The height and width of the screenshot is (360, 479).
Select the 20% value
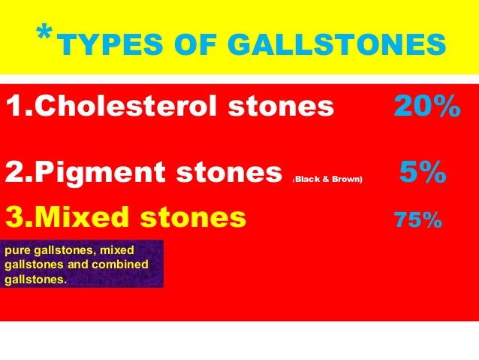pyautogui.click(x=426, y=107)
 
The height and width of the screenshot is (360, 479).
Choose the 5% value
pyautogui.click(x=423, y=174)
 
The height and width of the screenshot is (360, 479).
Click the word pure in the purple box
pyautogui.click(x=17, y=250)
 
